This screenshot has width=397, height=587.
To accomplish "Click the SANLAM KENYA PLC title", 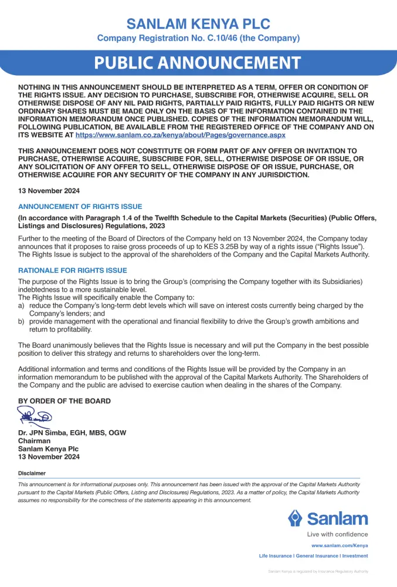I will tap(198, 24).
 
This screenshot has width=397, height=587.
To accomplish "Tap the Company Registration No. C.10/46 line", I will tap(198, 38).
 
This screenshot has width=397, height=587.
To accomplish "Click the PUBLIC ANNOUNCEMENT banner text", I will tap(198, 63).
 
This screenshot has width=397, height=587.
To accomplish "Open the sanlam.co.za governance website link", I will tap(181, 134).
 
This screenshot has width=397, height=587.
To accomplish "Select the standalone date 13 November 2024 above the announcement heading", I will tap(49, 191).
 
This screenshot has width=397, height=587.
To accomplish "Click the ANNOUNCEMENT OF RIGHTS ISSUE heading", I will tap(80, 207).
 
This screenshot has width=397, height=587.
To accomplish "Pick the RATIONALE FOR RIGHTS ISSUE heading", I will tap(73, 271).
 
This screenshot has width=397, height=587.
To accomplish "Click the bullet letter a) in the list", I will tap(21, 306).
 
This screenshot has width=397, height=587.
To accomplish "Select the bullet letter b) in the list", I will tap(21, 321).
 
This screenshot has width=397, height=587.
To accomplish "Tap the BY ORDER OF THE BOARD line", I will tap(65, 401).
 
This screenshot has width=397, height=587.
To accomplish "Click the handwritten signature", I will tap(35, 417).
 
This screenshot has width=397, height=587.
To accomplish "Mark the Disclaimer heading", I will tap(32, 473).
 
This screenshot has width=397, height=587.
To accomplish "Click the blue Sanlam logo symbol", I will tap(295, 518).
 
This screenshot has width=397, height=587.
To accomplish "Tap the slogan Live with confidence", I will tap(337, 534).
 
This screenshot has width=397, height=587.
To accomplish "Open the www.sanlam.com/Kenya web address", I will tap(340, 545).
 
